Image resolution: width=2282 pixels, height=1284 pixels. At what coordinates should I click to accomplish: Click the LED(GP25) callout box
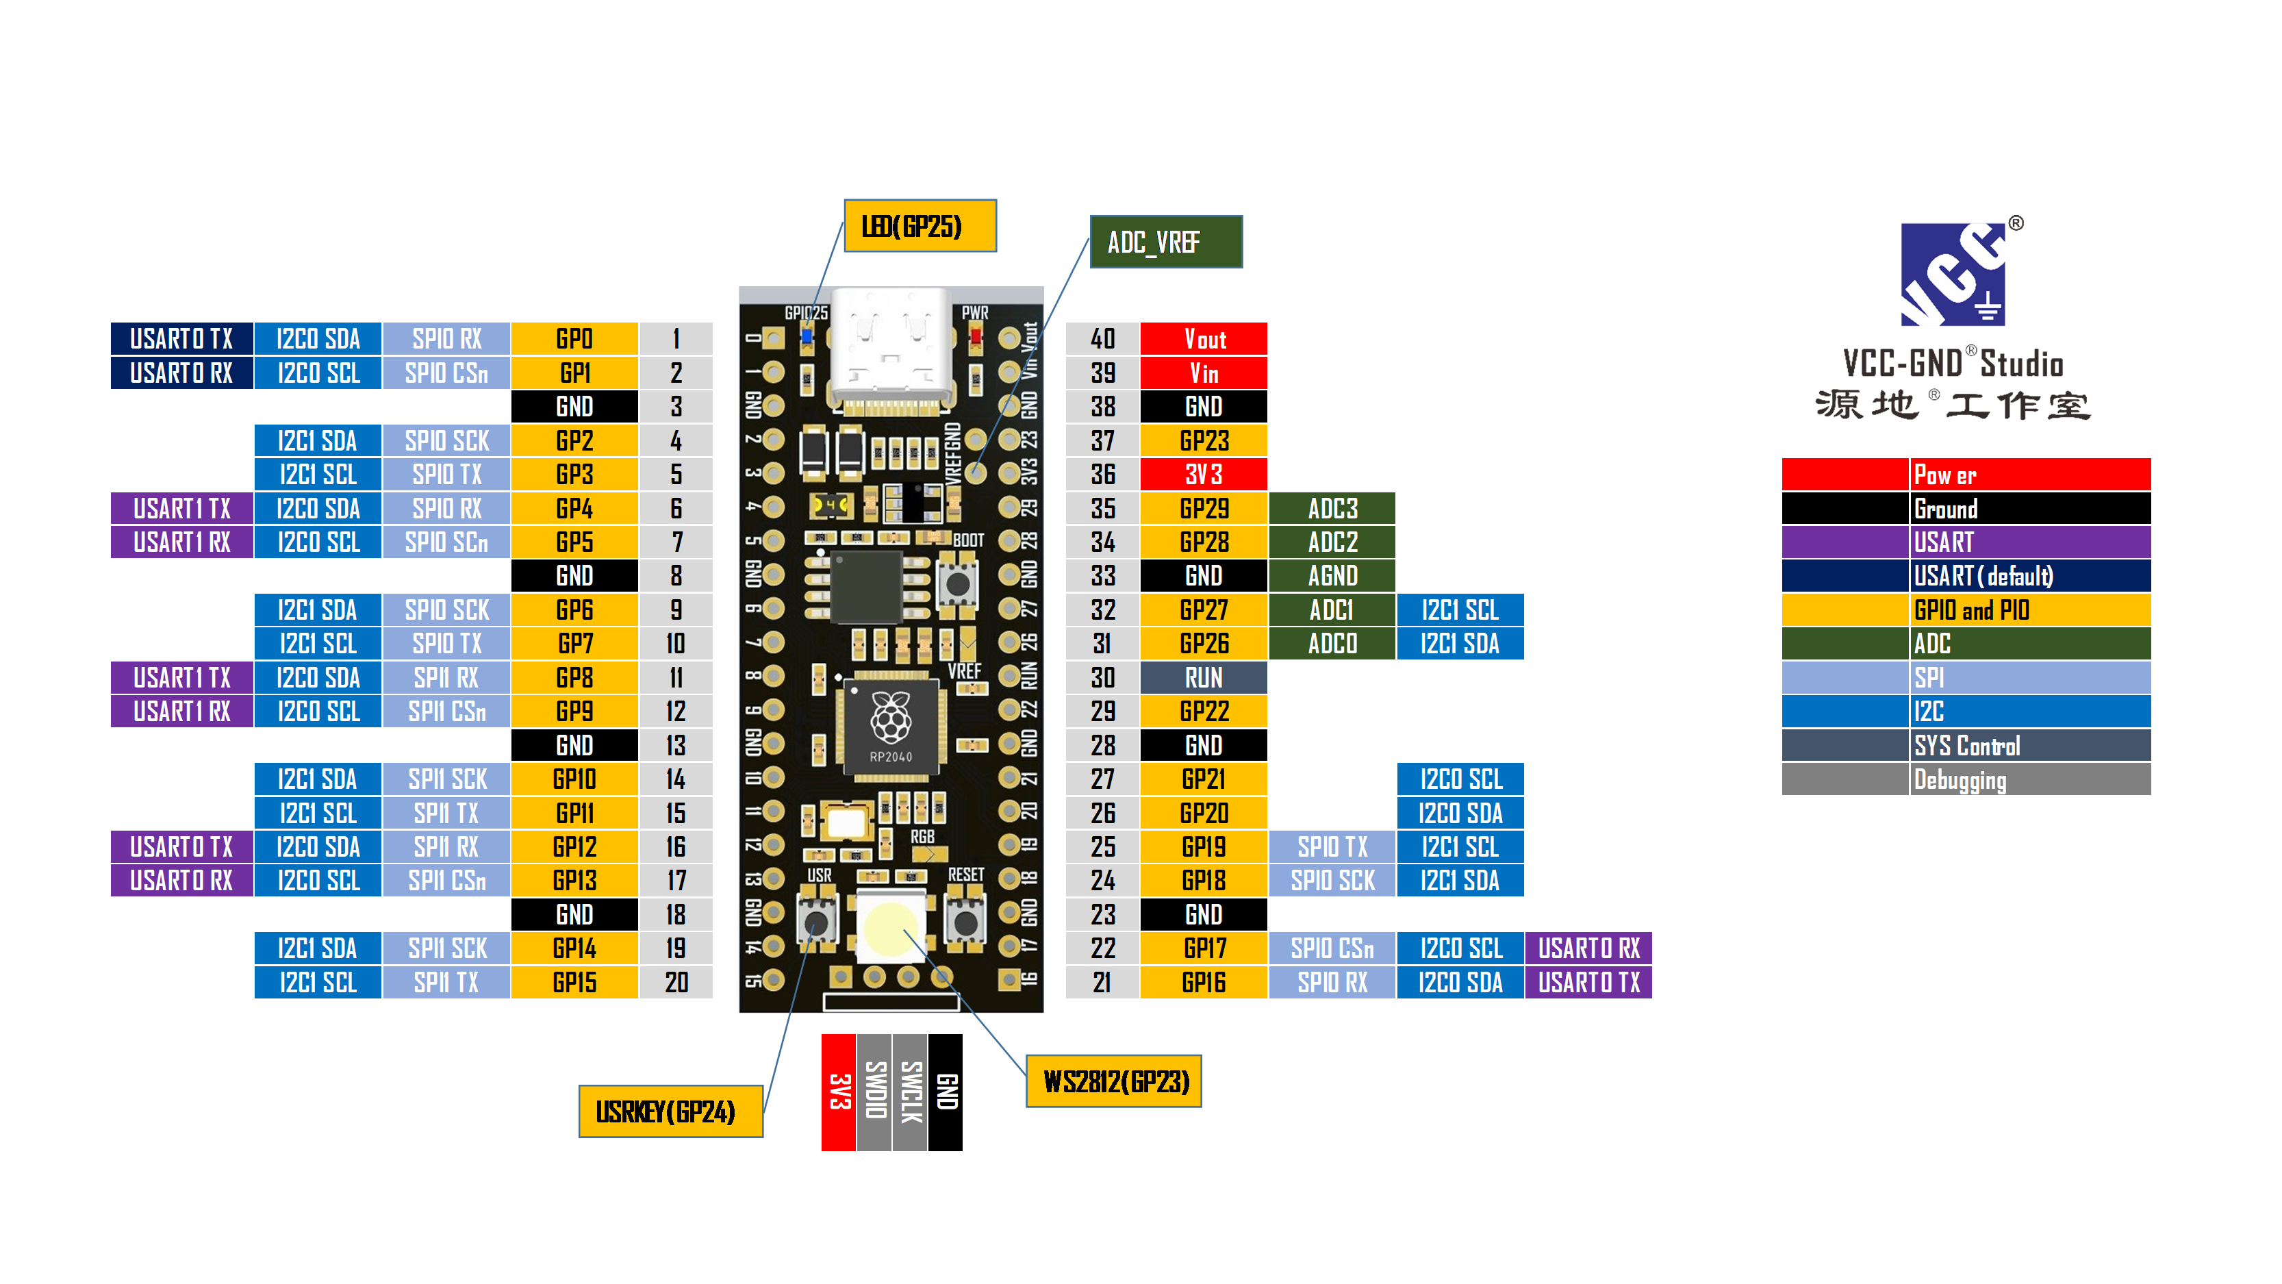pyautogui.click(x=920, y=226)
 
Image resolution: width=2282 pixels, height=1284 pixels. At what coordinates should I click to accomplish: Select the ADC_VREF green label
pyautogui.click(x=1165, y=242)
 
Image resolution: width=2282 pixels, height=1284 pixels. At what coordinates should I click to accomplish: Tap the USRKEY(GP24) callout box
pyautogui.click(x=670, y=1111)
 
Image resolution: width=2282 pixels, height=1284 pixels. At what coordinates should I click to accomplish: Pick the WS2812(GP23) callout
pyautogui.click(x=1113, y=1081)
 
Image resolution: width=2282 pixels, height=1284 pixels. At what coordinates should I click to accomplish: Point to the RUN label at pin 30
pyautogui.click(x=1203, y=678)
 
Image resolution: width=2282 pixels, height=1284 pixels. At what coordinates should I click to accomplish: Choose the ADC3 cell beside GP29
pyautogui.click(x=1332, y=509)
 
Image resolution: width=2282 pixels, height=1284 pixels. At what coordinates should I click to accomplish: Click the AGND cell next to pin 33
pyautogui.click(x=1332, y=576)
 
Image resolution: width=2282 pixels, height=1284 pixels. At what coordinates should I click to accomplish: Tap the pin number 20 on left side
pyautogui.click(x=676, y=982)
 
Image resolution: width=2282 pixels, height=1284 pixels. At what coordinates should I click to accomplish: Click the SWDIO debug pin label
pyautogui.click(x=874, y=1092)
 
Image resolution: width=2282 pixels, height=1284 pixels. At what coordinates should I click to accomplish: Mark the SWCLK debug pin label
pyautogui.click(x=910, y=1092)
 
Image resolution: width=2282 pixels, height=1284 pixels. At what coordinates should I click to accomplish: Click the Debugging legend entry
pyautogui.click(x=2029, y=780)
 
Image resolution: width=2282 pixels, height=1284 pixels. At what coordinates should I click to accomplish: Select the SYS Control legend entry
pyautogui.click(x=2029, y=745)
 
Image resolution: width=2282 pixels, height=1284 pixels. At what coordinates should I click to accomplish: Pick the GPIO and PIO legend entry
pyautogui.click(x=2029, y=609)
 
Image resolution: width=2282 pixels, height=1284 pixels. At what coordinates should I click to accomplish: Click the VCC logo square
pyautogui.click(x=1953, y=275)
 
